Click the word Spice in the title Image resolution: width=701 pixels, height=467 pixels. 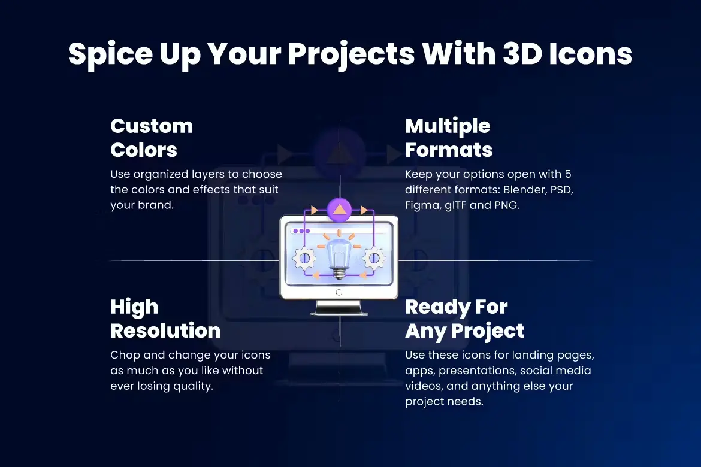(110, 54)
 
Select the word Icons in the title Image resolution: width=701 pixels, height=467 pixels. (591, 54)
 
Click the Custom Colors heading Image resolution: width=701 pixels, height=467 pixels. (152, 138)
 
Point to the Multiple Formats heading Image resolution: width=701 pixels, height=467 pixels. (448, 138)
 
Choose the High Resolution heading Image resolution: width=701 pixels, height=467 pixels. (165, 319)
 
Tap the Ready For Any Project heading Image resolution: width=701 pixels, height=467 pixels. (464, 320)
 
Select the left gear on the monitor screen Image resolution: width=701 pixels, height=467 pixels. (304, 258)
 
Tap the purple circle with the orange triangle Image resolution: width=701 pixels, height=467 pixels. (339, 210)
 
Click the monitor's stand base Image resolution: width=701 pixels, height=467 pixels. (339, 308)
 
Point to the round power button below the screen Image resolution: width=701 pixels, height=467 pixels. (339, 292)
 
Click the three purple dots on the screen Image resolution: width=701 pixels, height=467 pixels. (301, 231)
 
